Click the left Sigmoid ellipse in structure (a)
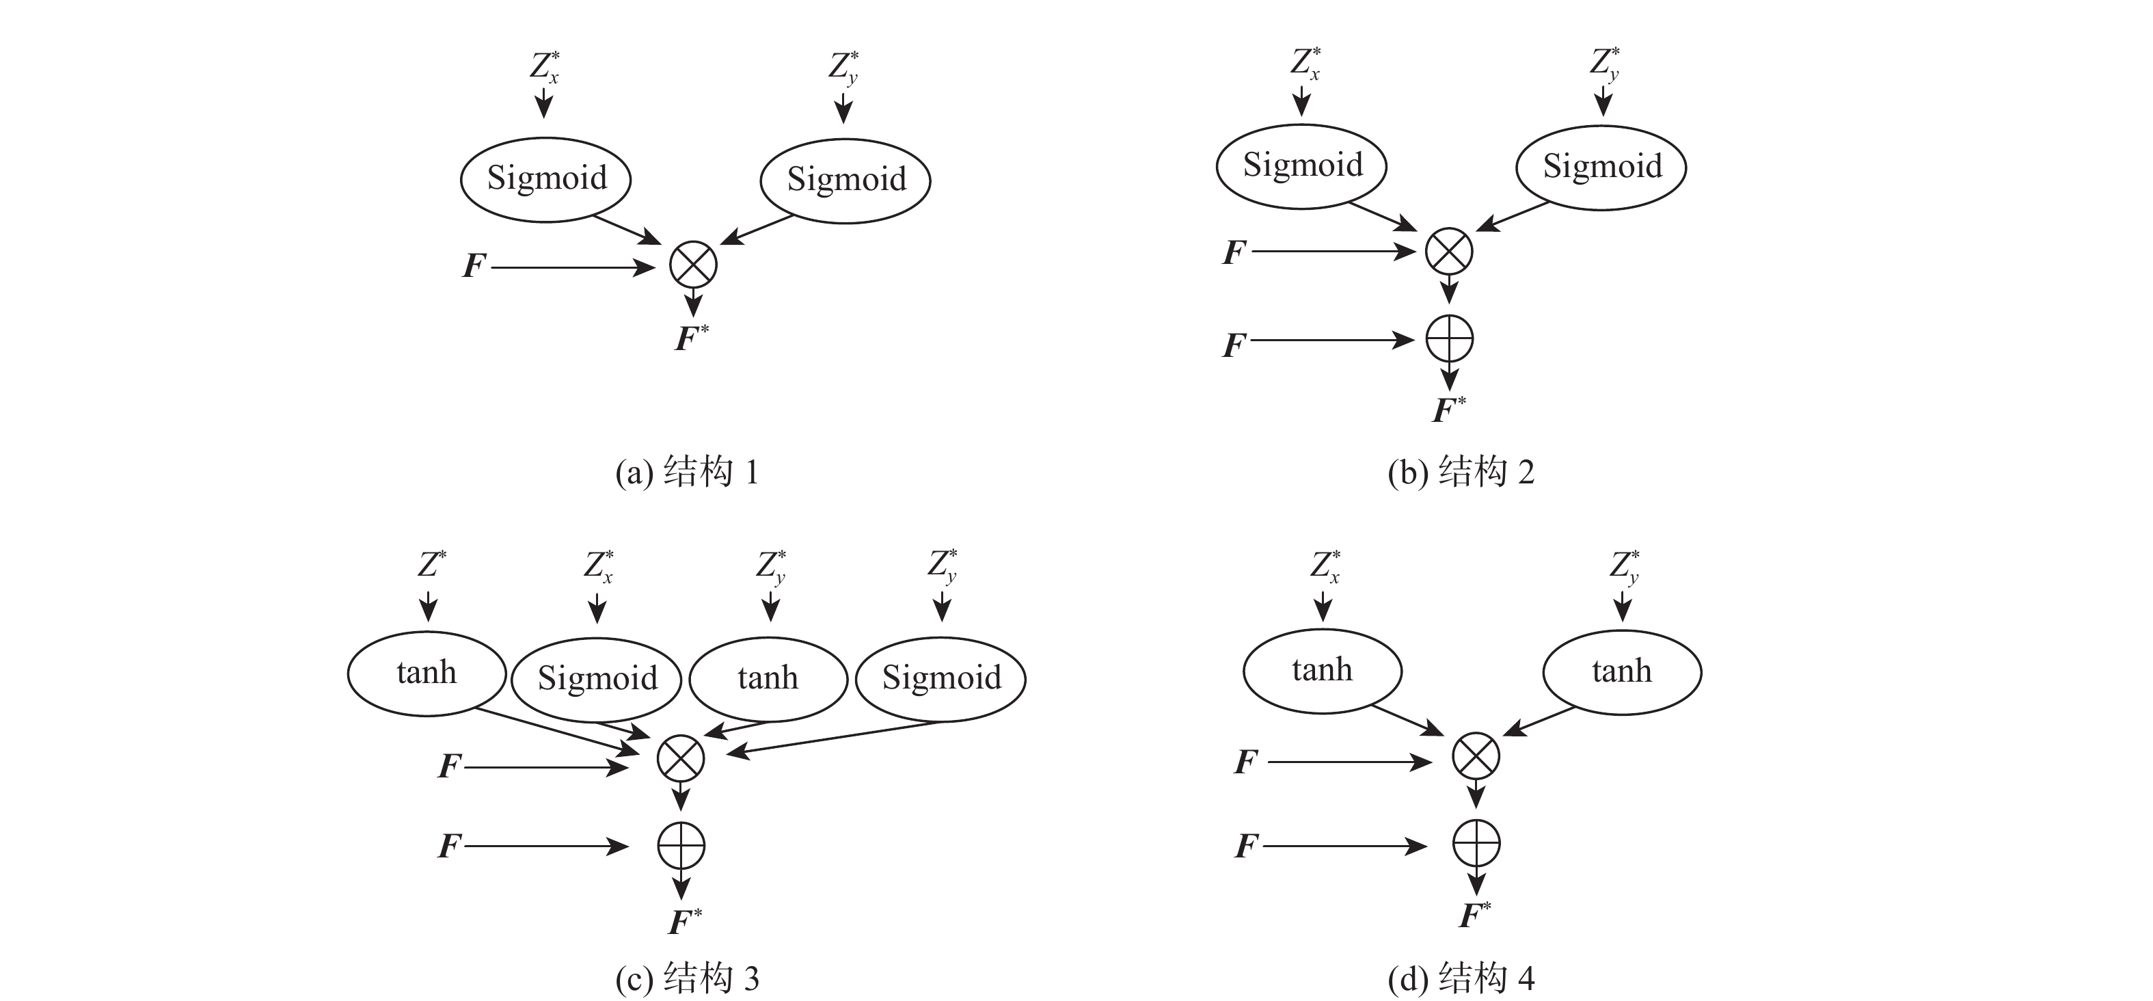[546, 179]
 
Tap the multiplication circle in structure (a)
[694, 265]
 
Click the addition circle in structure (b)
[1449, 340]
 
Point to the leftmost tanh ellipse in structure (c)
[426, 673]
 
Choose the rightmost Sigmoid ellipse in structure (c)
[941, 678]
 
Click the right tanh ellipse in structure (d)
[1621, 671]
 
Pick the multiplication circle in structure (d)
[1476, 756]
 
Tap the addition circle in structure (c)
[681, 846]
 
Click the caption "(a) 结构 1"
[687, 472]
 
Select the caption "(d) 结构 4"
[1461, 978]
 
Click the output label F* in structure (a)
[691, 338]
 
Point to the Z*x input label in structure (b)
[1305, 64]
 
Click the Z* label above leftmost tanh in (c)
[431, 565]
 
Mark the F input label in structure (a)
[474, 266]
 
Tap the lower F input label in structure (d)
[1246, 846]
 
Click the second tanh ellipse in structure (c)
[768, 678]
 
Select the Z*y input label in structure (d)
[1624, 567]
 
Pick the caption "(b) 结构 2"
[1461, 472]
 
